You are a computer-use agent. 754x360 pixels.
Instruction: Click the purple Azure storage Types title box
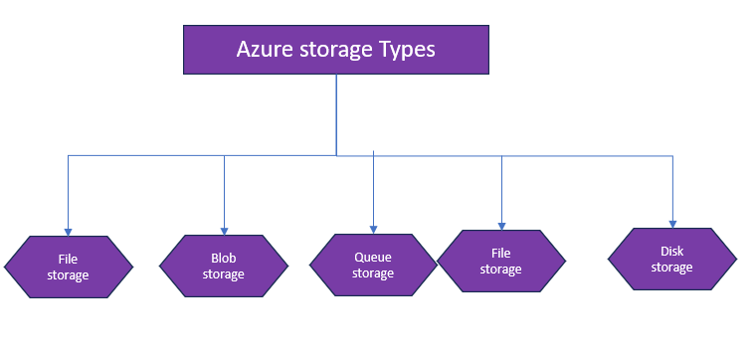(335, 50)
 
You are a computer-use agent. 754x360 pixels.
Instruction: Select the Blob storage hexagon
(224, 267)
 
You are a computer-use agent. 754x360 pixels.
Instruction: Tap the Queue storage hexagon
(373, 266)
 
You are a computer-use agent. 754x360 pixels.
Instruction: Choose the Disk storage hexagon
(672, 260)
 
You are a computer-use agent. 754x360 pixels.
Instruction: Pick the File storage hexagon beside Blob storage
(68, 268)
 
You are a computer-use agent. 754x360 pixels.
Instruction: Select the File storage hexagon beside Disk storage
(501, 262)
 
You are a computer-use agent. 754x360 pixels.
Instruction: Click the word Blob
(224, 259)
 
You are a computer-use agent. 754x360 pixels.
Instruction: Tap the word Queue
(373, 258)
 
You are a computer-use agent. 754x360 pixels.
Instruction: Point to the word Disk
(672, 252)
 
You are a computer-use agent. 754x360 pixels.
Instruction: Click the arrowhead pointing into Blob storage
(224, 229)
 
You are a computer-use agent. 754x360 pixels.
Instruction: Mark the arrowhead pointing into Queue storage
(373, 228)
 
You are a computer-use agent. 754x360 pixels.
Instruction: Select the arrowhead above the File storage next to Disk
(501, 224)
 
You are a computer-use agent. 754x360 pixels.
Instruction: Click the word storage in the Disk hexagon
(672, 268)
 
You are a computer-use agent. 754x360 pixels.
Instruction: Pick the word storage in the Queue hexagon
(373, 273)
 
